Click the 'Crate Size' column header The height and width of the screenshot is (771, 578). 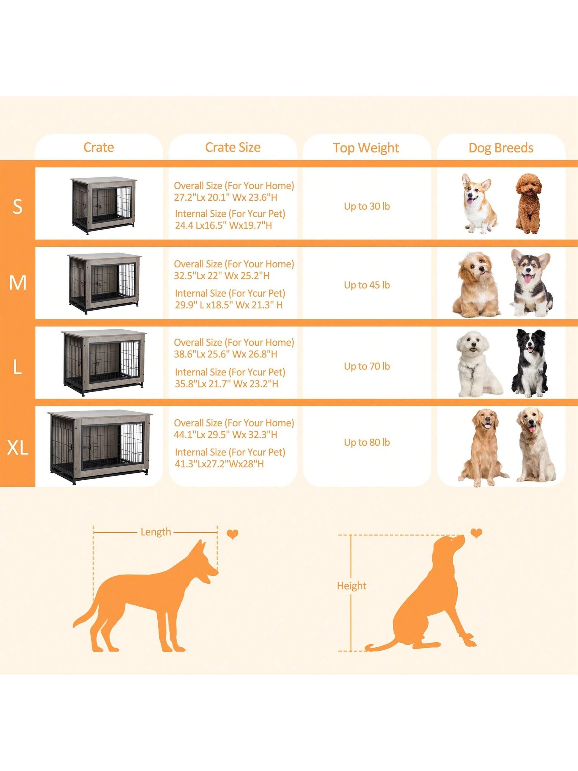[233, 147]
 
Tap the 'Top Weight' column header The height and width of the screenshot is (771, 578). [366, 148]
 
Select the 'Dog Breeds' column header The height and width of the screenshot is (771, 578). [501, 148]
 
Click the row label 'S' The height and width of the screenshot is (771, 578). [18, 206]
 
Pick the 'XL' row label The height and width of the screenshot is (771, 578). [18, 447]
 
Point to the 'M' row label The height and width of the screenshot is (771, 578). [18, 283]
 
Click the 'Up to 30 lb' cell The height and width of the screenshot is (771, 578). [367, 206]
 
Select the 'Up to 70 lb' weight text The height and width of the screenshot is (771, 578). [367, 366]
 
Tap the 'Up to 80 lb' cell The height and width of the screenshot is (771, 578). [367, 443]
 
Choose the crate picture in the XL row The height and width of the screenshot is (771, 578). [100, 448]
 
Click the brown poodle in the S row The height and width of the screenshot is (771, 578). [529, 204]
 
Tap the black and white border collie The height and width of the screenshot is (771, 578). [530, 363]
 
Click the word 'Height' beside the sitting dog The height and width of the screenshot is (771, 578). [352, 586]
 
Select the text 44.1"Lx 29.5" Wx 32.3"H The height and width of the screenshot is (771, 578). [226, 435]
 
